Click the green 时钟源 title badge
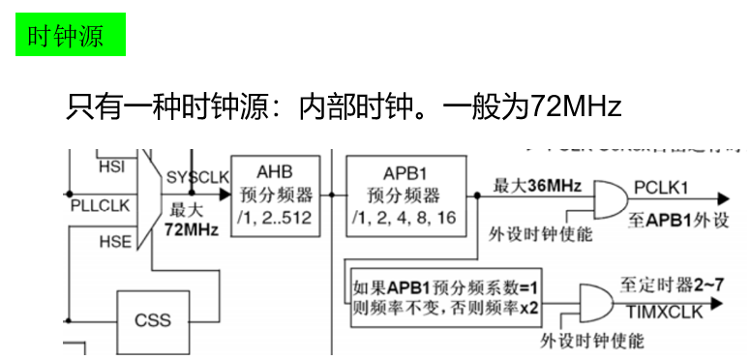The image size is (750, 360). pos(71,34)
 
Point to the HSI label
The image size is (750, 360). pos(111,166)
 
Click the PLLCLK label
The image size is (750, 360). pos(100,205)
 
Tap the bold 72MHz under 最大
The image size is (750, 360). pos(191,229)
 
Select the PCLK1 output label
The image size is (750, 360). pos(661,186)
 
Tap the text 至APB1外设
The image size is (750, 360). pos(665,218)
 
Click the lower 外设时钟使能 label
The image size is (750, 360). pos(591,342)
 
